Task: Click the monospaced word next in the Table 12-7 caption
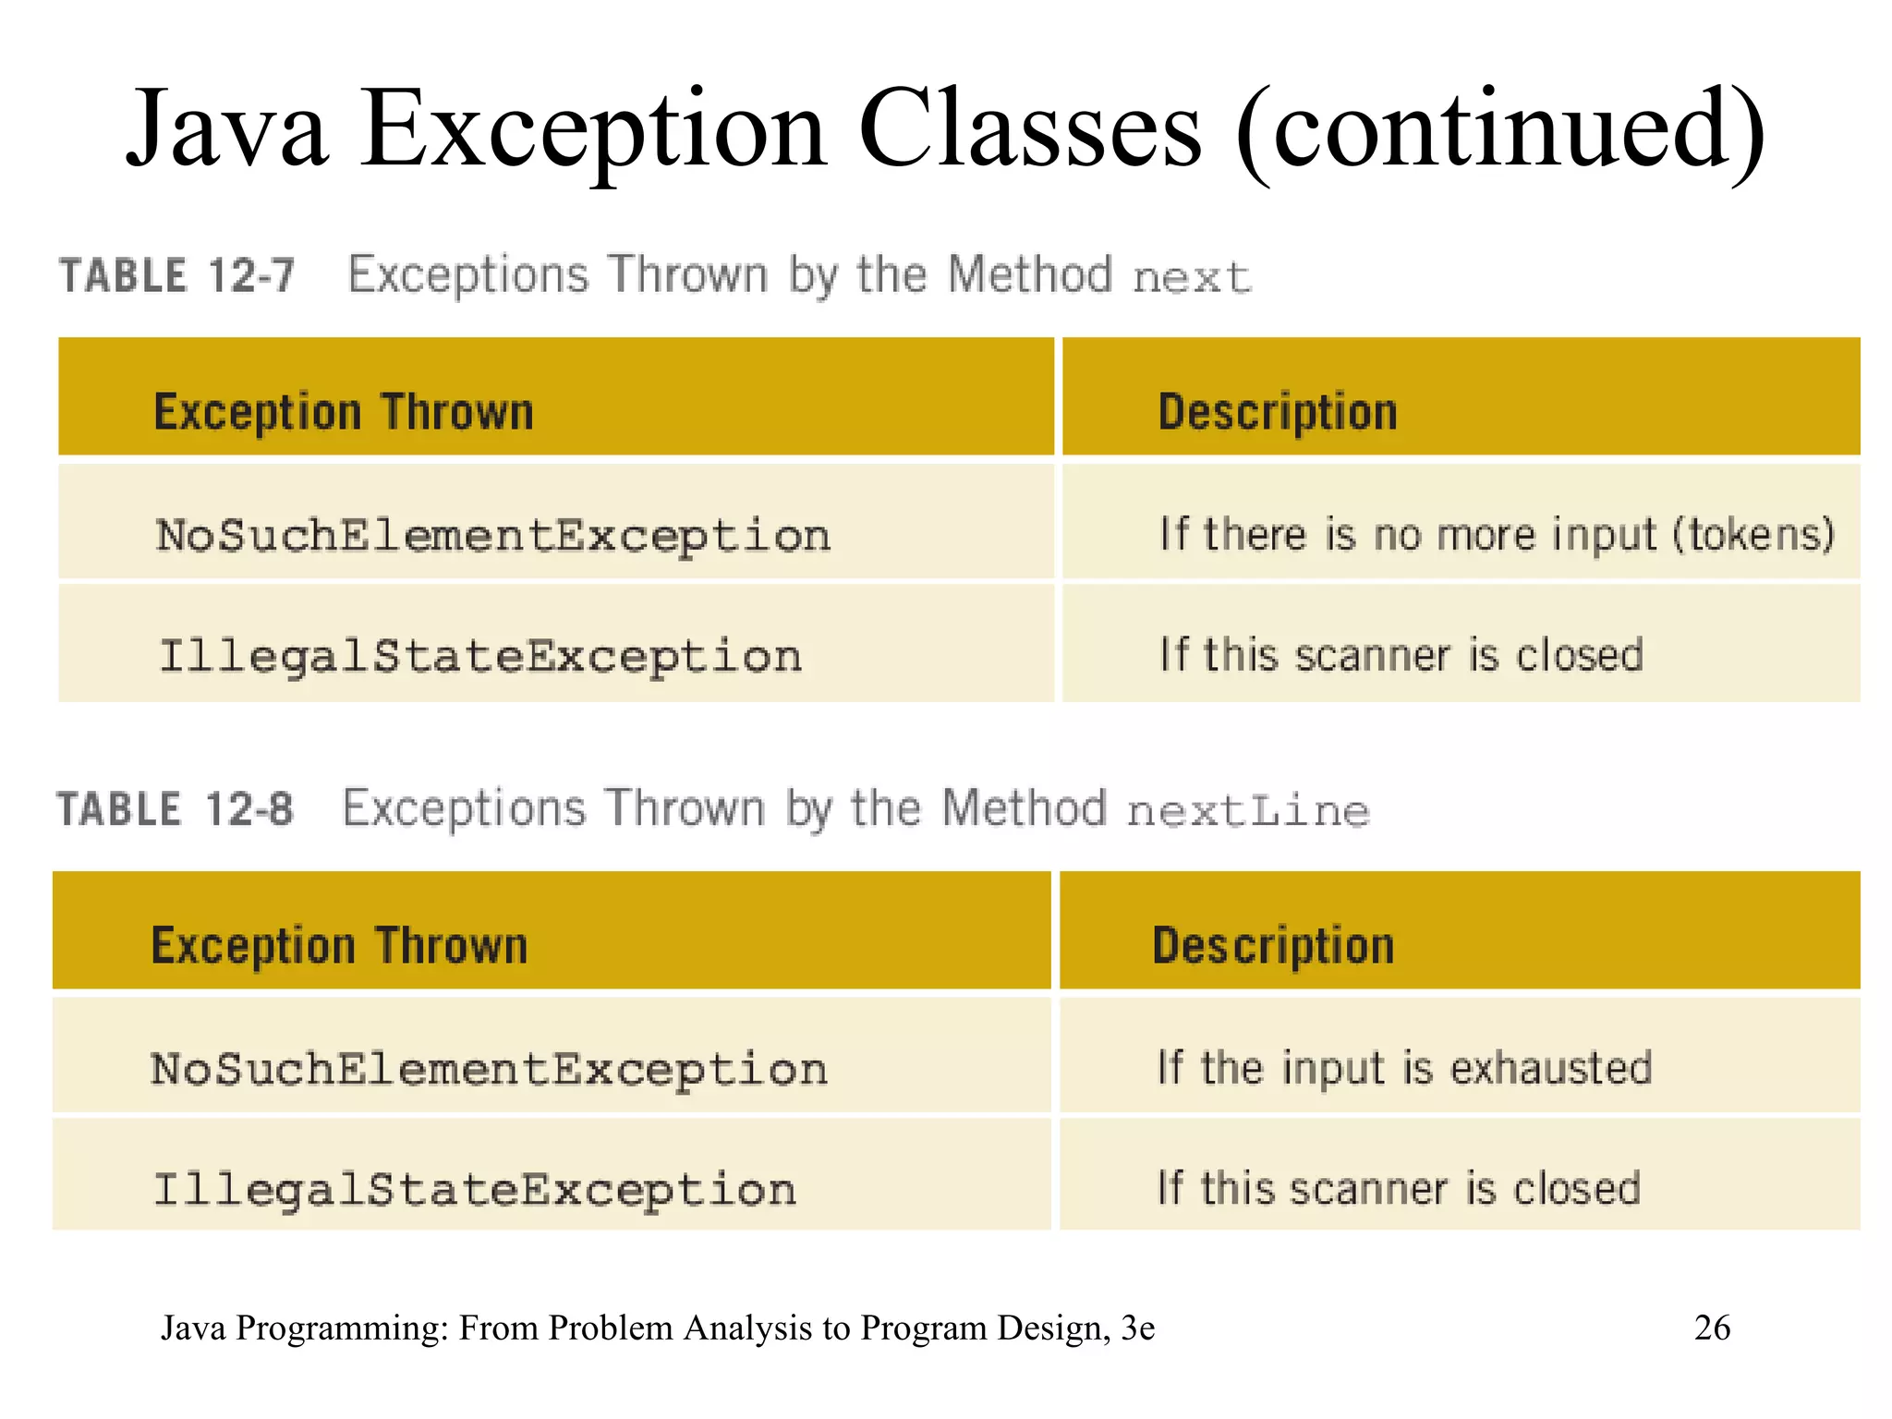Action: point(1192,277)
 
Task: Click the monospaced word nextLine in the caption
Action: point(1248,811)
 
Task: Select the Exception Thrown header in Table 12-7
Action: point(344,412)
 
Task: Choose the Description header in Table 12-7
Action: point(1278,412)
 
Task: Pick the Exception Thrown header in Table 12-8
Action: point(340,946)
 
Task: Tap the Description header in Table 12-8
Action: point(1274,946)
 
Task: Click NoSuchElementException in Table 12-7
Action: point(493,536)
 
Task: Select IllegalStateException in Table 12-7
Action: point(480,656)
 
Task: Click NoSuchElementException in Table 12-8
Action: point(490,1069)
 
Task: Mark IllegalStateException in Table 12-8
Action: point(475,1189)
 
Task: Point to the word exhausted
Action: point(1551,1068)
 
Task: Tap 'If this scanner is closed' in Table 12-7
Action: point(1401,655)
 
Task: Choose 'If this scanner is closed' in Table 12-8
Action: point(1399,1188)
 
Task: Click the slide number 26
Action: point(1712,1328)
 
